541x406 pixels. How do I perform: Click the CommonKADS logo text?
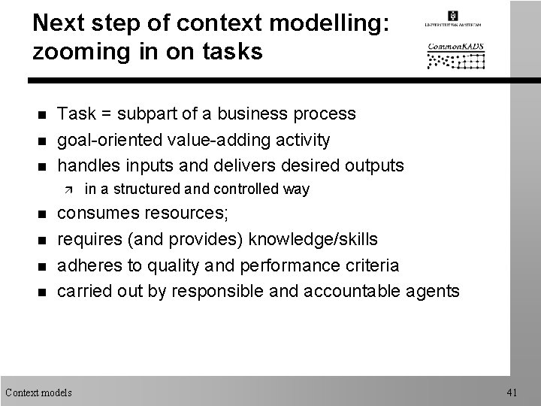coord(456,46)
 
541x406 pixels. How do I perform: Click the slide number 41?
coord(513,392)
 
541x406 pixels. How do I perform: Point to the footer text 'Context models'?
coord(38,392)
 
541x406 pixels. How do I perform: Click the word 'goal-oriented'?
coord(104,140)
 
